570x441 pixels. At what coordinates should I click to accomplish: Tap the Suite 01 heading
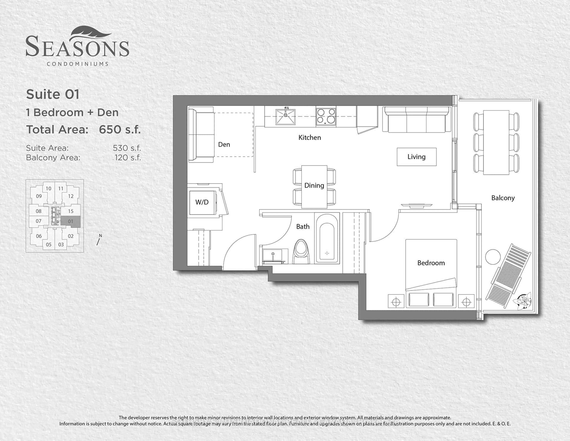point(53,94)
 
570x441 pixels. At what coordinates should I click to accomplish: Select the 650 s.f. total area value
point(120,129)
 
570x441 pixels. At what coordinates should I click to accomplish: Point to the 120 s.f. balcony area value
point(128,158)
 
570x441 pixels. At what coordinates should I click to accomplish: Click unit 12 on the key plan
point(71,196)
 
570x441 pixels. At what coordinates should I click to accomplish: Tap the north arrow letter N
point(100,235)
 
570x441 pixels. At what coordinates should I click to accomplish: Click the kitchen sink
point(286,117)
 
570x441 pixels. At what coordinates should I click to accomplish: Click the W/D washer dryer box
point(202,202)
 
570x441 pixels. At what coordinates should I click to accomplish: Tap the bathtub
point(327,238)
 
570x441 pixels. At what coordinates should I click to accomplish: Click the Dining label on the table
point(314,185)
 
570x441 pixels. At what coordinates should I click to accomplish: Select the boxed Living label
point(417,157)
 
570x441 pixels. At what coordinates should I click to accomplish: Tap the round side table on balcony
point(493,257)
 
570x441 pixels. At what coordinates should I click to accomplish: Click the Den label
point(224,144)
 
